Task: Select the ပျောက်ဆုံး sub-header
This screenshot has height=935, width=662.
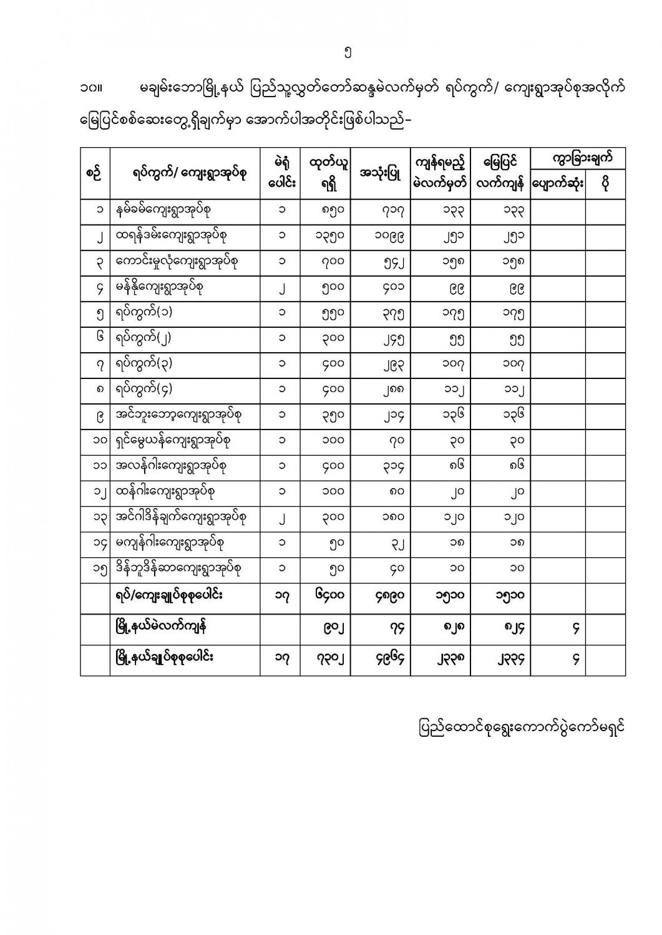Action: coord(557,185)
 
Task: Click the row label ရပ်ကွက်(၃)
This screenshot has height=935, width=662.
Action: coord(144,363)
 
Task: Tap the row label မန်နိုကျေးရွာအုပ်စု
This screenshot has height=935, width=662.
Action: coord(159,287)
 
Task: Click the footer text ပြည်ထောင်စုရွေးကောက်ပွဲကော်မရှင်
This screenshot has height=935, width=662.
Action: coord(522,727)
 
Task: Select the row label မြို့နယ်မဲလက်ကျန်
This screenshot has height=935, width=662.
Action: coord(162,627)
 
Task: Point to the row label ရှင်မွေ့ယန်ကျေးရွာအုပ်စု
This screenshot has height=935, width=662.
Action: coord(173,441)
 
